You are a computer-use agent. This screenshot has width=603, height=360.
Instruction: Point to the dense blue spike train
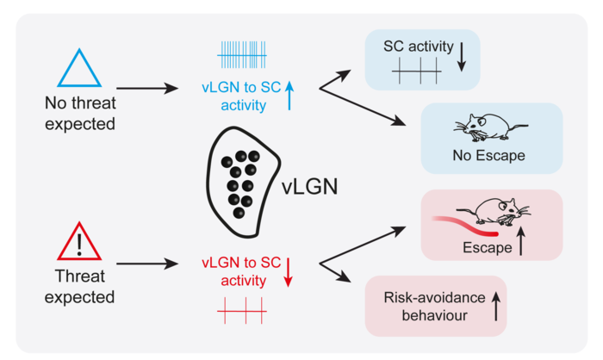point(241,55)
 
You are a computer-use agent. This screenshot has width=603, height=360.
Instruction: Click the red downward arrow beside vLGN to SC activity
point(288,270)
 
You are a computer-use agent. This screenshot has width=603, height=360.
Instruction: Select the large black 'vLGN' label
point(314,187)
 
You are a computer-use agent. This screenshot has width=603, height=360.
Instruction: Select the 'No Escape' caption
point(488,157)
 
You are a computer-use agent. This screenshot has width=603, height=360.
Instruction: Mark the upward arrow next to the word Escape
point(521,244)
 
